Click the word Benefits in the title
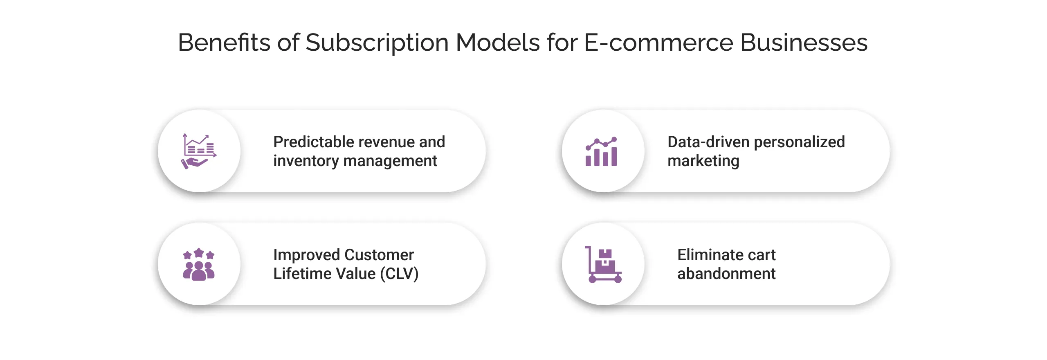[224, 43]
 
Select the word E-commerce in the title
[658, 43]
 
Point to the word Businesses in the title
[804, 43]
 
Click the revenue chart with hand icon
[199, 151]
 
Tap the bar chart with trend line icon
[601, 152]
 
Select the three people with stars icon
[199, 264]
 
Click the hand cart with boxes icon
[603, 265]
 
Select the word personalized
[799, 142]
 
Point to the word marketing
[703, 161]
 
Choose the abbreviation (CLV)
[399, 274]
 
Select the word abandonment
[726, 274]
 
